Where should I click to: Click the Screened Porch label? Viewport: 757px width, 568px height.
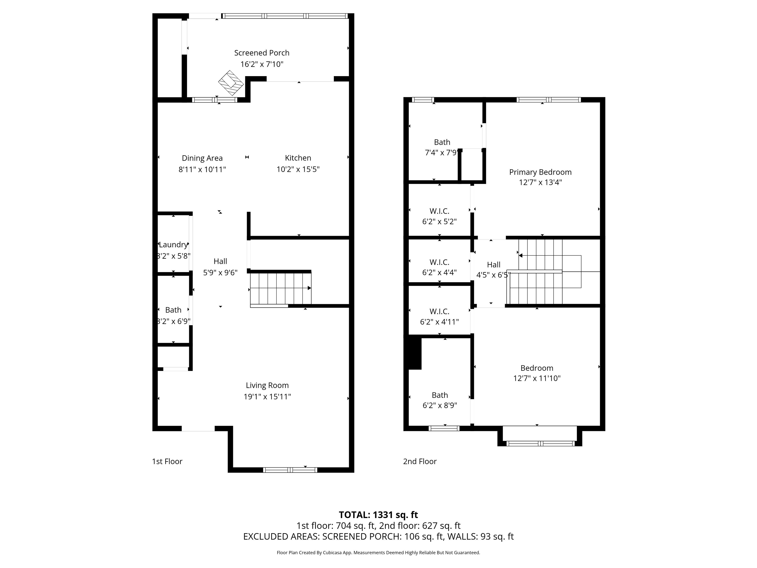click(262, 53)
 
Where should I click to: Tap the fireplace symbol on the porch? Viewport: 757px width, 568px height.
click(231, 83)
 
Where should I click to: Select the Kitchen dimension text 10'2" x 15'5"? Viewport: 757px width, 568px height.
click(298, 169)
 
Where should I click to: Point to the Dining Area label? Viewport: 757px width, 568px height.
click(202, 158)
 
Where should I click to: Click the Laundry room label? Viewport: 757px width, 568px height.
click(173, 245)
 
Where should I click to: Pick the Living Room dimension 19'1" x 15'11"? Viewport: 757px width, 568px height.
click(267, 396)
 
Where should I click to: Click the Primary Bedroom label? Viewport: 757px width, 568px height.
click(540, 172)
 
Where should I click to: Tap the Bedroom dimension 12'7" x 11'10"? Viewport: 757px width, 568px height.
click(537, 378)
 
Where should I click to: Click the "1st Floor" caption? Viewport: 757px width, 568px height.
click(167, 461)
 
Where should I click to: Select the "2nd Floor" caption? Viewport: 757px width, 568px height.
click(420, 461)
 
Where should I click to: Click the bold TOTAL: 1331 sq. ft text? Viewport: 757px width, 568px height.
click(378, 515)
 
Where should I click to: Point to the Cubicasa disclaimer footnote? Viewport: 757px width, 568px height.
click(378, 553)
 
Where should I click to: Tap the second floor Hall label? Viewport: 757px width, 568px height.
click(494, 265)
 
